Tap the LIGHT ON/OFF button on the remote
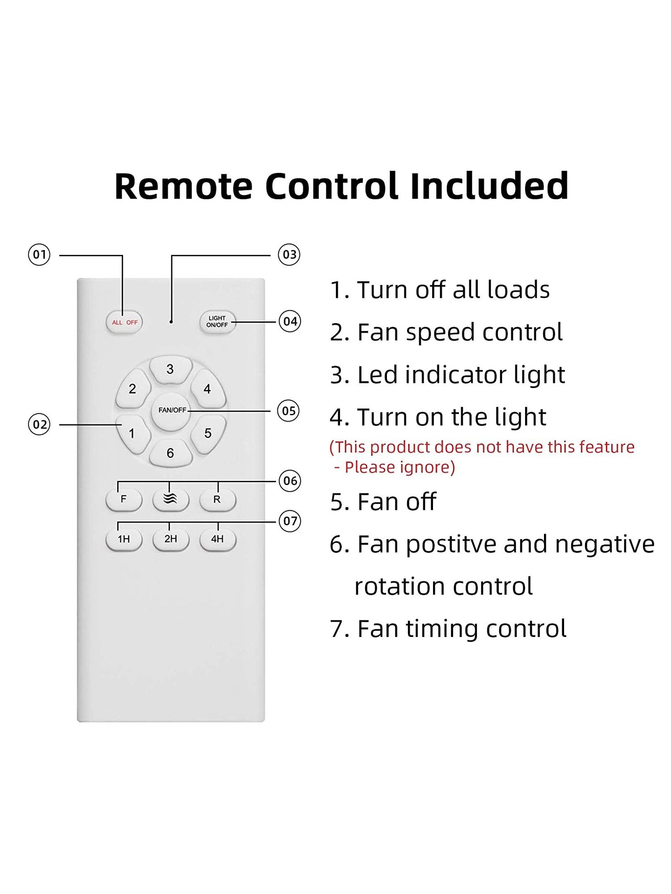pyautogui.click(x=217, y=321)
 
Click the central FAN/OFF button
pyautogui.click(x=170, y=411)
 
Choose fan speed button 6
pyautogui.click(x=170, y=453)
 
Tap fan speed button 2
pyautogui.click(x=132, y=389)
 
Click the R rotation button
pyautogui.click(x=217, y=499)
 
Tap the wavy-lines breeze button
pyautogui.click(x=170, y=499)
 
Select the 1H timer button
pyautogui.click(x=124, y=539)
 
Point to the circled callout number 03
pyautogui.click(x=289, y=255)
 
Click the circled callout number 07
pyautogui.click(x=290, y=521)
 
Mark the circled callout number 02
pyautogui.click(x=39, y=424)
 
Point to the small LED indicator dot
pyautogui.click(x=171, y=322)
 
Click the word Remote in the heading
pyautogui.click(x=183, y=186)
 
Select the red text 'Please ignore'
pyautogui.click(x=399, y=467)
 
